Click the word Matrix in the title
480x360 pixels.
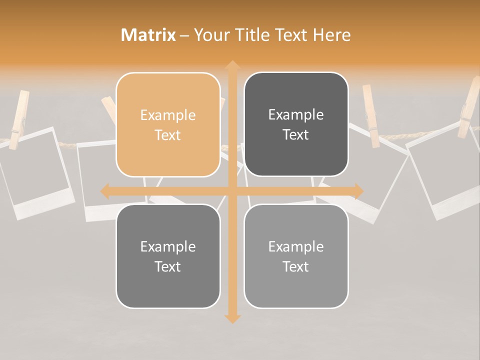[148, 35]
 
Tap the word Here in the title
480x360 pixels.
[332, 35]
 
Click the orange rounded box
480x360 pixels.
[168, 124]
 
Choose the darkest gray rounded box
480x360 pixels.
[296, 124]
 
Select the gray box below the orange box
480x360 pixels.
[168, 256]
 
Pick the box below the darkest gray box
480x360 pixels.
[296, 256]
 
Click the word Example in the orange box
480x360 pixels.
[168, 115]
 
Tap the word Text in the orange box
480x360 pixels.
[168, 135]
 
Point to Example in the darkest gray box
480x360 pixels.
[296, 114]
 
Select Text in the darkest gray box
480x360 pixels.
[296, 134]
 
